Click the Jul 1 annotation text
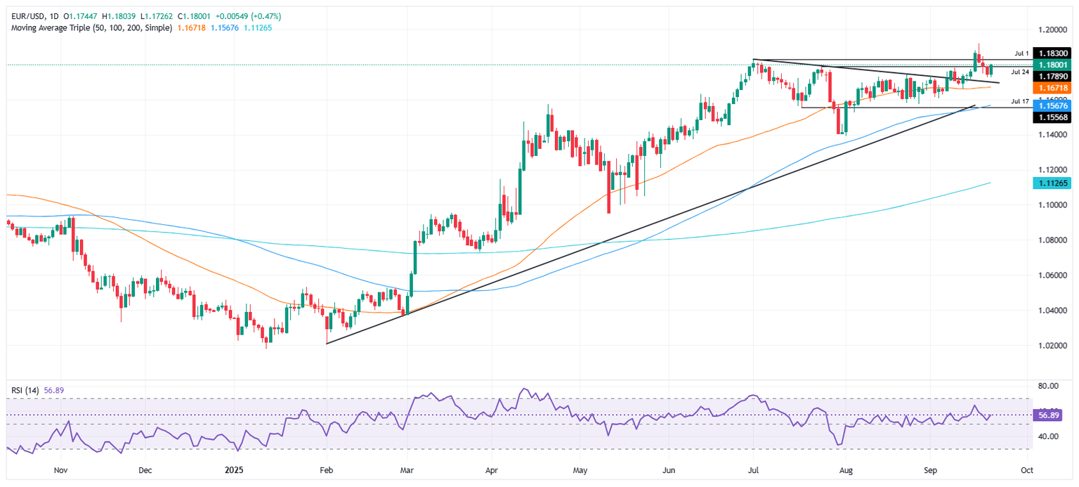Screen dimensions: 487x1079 (1021, 53)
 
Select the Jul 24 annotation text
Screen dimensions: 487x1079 (1021, 72)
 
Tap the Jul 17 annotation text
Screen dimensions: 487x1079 (1021, 101)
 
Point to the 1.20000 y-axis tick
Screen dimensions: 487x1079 (1051, 30)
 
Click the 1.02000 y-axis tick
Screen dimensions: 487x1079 (1051, 346)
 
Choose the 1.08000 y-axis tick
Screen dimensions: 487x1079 (1051, 240)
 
